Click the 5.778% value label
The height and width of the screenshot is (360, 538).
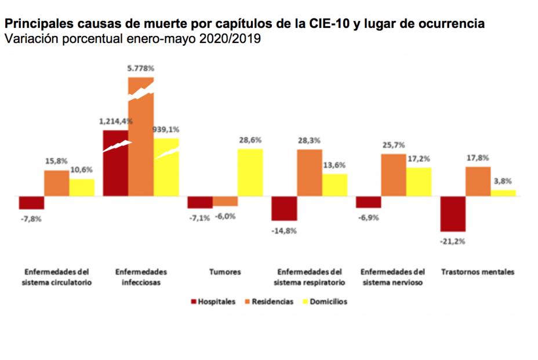point(141,68)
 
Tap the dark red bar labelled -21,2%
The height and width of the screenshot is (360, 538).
point(453,214)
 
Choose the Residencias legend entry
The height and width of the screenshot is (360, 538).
point(270,301)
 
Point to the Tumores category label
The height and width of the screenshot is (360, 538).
point(225,272)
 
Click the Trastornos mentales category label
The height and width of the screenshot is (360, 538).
point(477,272)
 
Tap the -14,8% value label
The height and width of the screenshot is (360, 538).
point(284,230)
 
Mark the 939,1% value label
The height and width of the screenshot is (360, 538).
point(166,130)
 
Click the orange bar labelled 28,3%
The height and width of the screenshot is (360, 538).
point(310,173)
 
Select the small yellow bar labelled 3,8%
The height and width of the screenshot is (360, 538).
point(503,193)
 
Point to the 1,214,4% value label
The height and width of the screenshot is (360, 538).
point(116,122)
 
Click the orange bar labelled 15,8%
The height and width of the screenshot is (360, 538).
point(57,183)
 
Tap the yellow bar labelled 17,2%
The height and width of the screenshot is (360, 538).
point(419,181)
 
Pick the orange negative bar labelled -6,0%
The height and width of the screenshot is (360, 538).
point(225,201)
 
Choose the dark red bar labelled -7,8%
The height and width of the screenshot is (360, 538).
point(31,202)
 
